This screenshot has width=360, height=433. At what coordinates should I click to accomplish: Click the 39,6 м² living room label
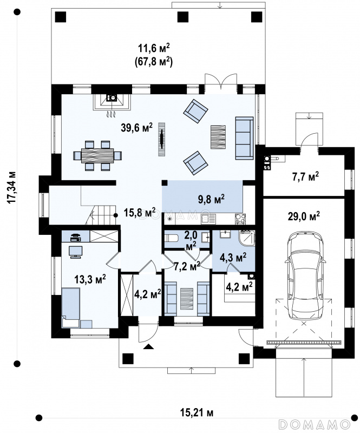pyautogui.click(x=137, y=128)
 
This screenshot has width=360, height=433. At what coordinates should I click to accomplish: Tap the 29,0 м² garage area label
pyautogui.click(x=304, y=216)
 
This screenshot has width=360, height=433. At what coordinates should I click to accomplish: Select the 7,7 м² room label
pyautogui.click(x=305, y=176)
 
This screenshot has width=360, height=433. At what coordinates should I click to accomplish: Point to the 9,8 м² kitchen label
pyautogui.click(x=211, y=199)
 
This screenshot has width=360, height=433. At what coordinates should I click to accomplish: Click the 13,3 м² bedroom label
pyautogui.click(x=90, y=279)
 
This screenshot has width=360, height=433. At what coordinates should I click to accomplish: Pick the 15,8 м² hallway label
pyautogui.click(x=139, y=213)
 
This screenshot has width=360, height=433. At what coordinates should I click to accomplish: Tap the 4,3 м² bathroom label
pyautogui.click(x=233, y=258)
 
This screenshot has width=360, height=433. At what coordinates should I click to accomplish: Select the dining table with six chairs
pyautogui.click(x=97, y=155)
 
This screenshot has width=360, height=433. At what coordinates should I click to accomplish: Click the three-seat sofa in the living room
pyautogui.click(x=244, y=138)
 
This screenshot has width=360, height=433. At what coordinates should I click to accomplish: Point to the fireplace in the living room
pyautogui.click(x=112, y=102)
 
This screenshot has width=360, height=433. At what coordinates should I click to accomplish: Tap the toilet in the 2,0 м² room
pyautogui.click(x=171, y=238)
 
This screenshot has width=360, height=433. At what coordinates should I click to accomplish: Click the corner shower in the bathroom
pyautogui.click(x=247, y=238)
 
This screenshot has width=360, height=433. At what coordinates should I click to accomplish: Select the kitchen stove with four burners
pyautogui.click(x=240, y=219)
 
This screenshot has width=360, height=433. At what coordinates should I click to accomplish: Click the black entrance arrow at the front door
pyautogui.click(x=148, y=346)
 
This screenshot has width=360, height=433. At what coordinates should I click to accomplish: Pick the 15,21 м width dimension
pyautogui.click(x=197, y=413)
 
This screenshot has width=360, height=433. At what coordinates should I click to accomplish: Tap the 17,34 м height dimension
pyautogui.click(x=12, y=187)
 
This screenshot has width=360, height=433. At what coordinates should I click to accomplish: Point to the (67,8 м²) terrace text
pyautogui.click(x=154, y=62)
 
